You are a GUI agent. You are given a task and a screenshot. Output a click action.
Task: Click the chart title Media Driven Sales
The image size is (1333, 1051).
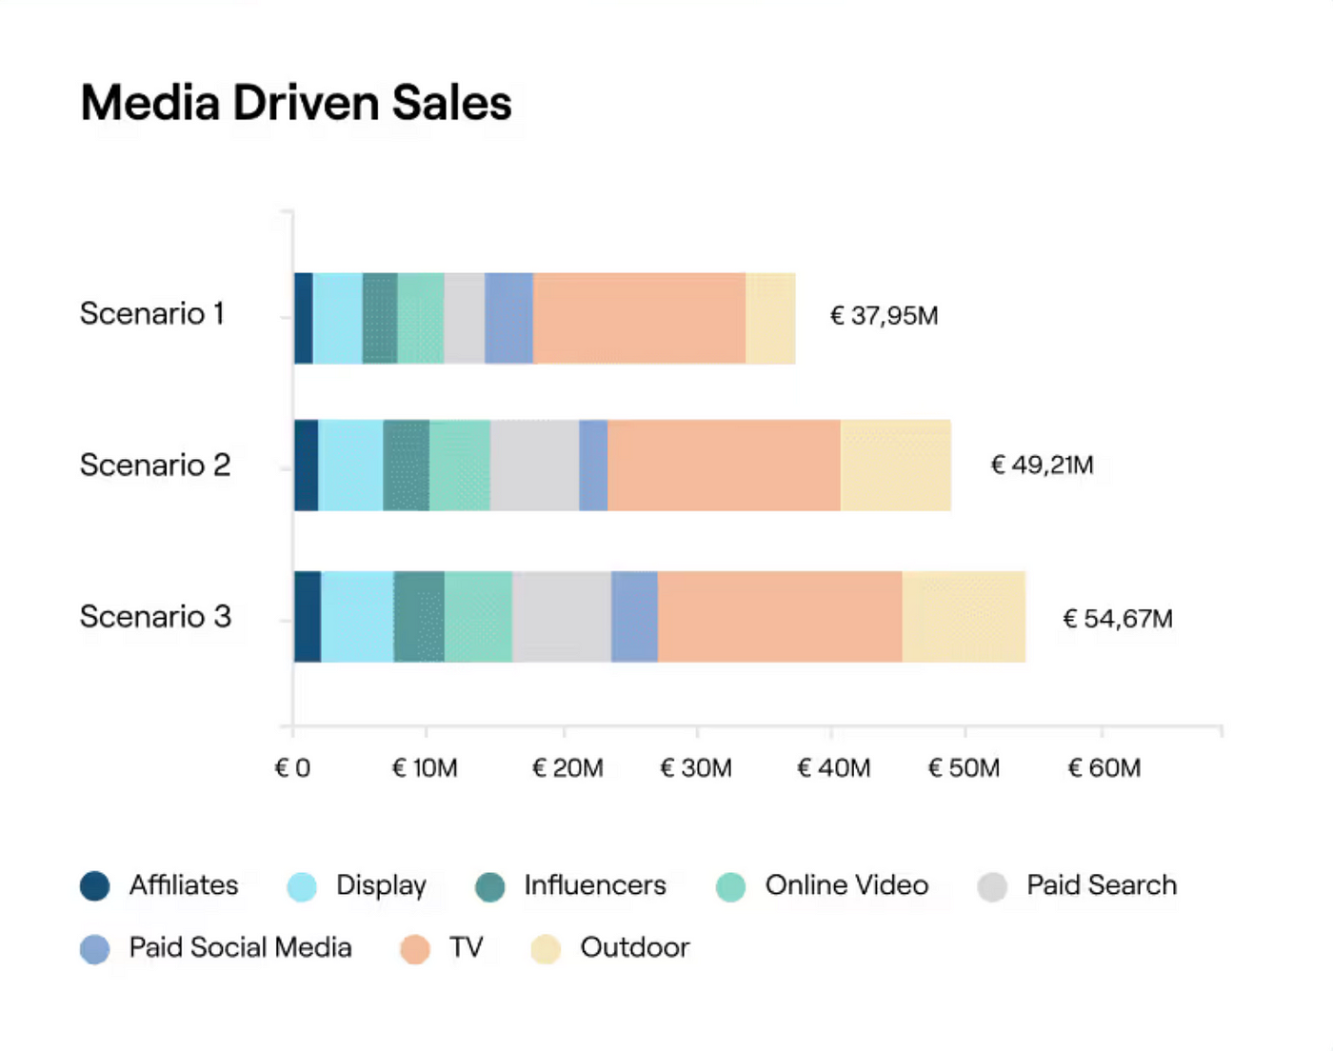pyautogui.click(x=296, y=103)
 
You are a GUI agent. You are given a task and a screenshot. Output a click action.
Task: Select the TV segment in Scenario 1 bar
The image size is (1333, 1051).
pyautogui.click(x=639, y=318)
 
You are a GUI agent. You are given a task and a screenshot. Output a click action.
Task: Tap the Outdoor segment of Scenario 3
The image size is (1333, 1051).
pyautogui.click(x=964, y=617)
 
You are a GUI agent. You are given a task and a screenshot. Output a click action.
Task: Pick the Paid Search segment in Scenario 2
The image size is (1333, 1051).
pyautogui.click(x=534, y=466)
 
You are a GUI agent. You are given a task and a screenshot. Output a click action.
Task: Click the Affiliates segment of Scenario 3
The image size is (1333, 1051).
pyautogui.click(x=308, y=617)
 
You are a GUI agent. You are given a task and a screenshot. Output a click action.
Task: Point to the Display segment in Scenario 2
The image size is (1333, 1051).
pyautogui.click(x=350, y=466)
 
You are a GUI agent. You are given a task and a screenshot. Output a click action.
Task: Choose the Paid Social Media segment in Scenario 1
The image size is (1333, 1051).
pyautogui.click(x=508, y=318)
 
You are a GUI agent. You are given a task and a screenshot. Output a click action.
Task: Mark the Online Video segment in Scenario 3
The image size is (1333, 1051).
pyautogui.click(x=478, y=617)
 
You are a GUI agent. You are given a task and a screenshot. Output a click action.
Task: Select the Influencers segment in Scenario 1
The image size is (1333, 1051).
pyautogui.click(x=380, y=318)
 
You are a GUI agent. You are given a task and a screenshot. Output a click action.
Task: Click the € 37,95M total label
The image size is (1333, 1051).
pyautogui.click(x=884, y=315)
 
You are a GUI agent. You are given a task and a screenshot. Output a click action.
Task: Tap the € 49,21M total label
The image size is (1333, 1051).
pyautogui.click(x=1042, y=465)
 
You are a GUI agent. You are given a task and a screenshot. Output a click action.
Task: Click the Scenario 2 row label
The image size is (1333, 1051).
pyautogui.click(x=155, y=465)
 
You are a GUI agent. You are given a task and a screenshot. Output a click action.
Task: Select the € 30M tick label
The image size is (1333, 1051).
pyautogui.click(x=696, y=768)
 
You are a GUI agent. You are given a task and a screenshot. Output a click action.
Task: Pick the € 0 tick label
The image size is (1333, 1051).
pyautogui.click(x=292, y=768)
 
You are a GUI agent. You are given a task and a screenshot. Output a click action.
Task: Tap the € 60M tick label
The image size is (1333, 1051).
pyautogui.click(x=1104, y=768)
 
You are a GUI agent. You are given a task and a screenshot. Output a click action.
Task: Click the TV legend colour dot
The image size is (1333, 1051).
pyautogui.click(x=415, y=948)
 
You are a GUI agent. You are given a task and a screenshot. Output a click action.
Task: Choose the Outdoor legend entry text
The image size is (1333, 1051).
pyautogui.click(x=634, y=947)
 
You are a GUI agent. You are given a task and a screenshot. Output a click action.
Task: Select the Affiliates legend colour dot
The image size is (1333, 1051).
pyautogui.click(x=95, y=886)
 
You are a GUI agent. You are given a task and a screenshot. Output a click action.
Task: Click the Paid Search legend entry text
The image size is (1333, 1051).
pyautogui.click(x=1101, y=885)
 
